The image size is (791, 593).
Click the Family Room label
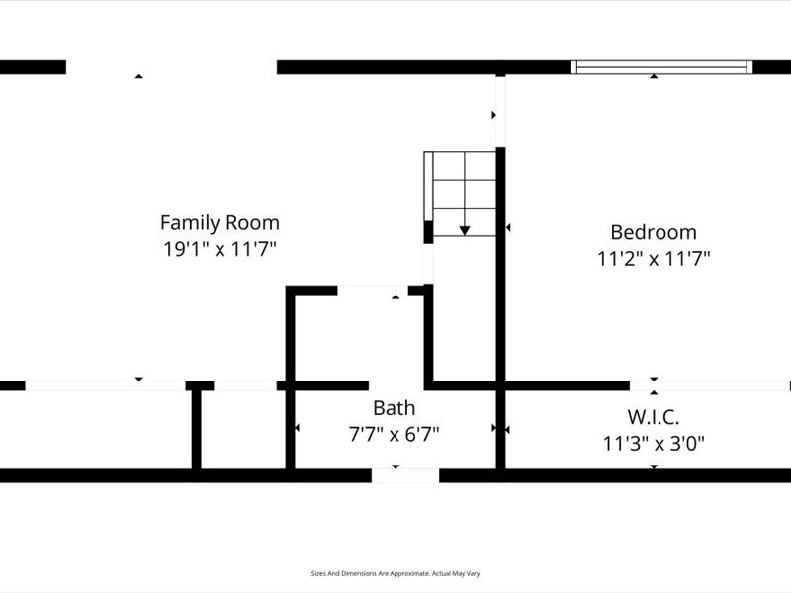click(x=220, y=223)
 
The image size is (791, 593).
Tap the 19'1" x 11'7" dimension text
click(x=220, y=249)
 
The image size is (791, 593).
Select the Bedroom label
click(x=654, y=232)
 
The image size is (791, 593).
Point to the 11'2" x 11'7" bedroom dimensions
click(x=654, y=259)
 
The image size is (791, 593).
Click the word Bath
click(x=394, y=408)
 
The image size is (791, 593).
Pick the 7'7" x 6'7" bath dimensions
click(x=394, y=434)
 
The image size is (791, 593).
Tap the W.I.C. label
click(x=654, y=417)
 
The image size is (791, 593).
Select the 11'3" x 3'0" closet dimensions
click(x=654, y=444)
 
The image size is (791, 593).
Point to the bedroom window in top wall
click(x=661, y=67)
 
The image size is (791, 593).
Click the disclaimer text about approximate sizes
click(x=395, y=574)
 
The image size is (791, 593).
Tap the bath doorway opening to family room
click(x=373, y=290)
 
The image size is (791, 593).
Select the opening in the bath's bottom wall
click(x=405, y=475)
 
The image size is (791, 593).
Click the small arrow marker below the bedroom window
click(x=654, y=76)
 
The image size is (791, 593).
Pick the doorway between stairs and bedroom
click(x=500, y=112)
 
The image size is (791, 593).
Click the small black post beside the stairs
click(x=428, y=232)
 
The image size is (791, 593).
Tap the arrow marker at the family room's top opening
click(x=139, y=76)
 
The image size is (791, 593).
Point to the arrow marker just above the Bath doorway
click(x=395, y=297)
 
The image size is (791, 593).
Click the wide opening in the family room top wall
click(x=171, y=67)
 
